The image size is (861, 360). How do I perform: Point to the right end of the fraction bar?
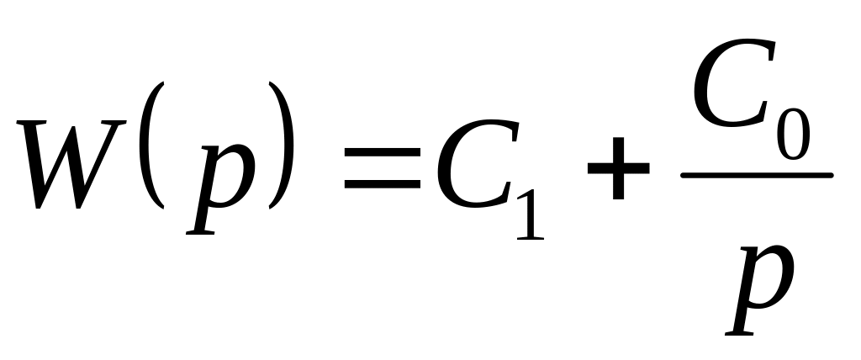click(x=829, y=176)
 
